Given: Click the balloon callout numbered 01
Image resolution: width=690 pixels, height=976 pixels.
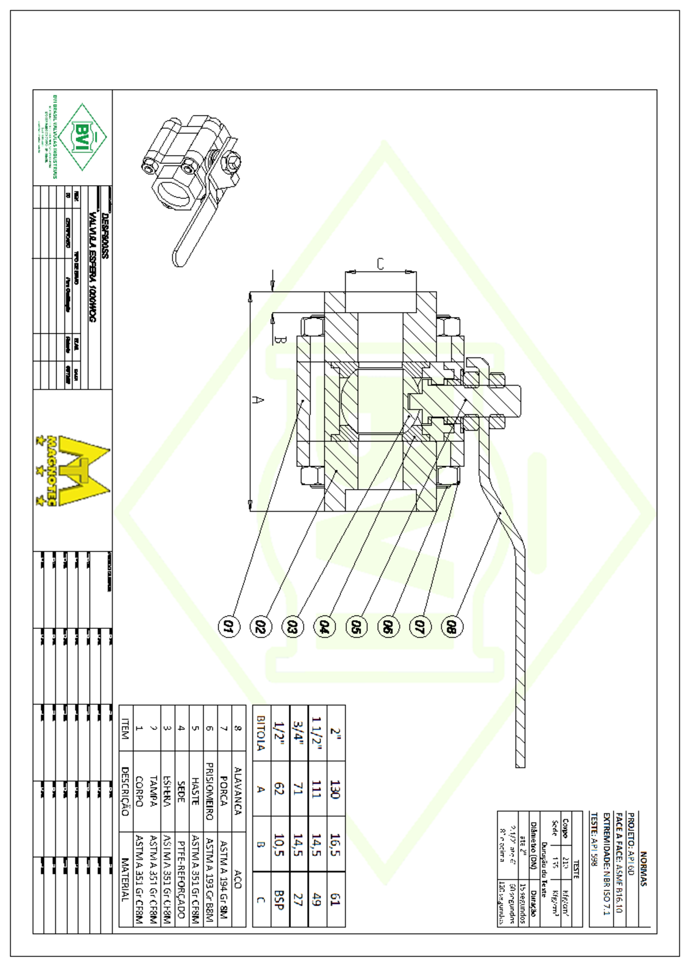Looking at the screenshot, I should coord(228,626).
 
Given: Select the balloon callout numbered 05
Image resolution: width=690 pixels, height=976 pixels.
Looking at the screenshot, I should coord(356,626).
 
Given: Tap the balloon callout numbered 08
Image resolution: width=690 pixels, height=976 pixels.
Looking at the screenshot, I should coord(451,626).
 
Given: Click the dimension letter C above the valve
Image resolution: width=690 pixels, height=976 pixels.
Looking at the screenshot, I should coord(380,264).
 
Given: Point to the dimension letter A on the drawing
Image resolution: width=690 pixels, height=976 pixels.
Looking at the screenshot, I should coord(259,399).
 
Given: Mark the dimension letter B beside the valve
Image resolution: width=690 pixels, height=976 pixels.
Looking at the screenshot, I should coord(278,340).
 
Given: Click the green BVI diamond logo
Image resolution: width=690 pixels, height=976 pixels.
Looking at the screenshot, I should coord(82,137).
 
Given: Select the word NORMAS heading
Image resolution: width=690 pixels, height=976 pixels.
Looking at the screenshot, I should coord(643,869).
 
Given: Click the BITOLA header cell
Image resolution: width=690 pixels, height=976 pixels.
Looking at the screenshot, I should coord(260,733).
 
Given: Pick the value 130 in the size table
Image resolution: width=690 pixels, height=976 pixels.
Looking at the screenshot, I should coord(335,789).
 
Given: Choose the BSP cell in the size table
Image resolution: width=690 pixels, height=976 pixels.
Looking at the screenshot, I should coord(279,900).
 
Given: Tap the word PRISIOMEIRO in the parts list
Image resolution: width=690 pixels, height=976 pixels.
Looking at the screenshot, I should coord(210,791).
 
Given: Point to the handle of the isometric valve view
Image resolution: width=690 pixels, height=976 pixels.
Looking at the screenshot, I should coord(190,236).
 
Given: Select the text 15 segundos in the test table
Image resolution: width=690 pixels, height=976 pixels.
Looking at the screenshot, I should coord(522,903).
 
